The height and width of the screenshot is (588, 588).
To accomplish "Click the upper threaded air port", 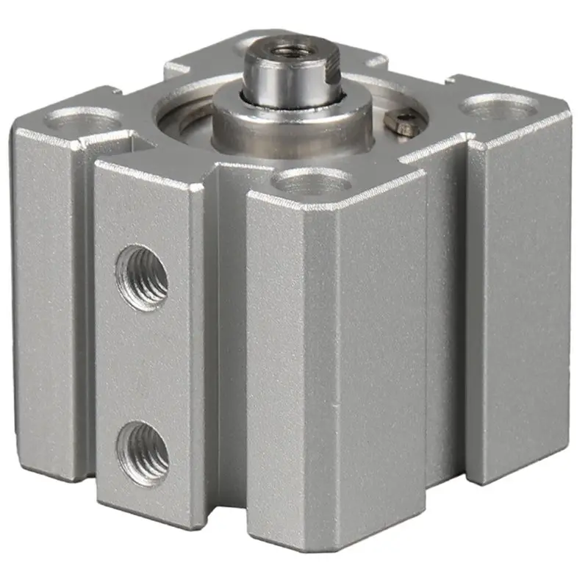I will [143, 277].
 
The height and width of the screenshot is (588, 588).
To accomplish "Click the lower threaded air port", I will [143, 445].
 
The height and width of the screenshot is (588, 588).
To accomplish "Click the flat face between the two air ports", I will [143, 360].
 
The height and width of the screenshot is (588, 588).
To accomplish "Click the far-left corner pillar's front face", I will [48, 309].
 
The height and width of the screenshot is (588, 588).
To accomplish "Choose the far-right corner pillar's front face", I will [518, 309].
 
